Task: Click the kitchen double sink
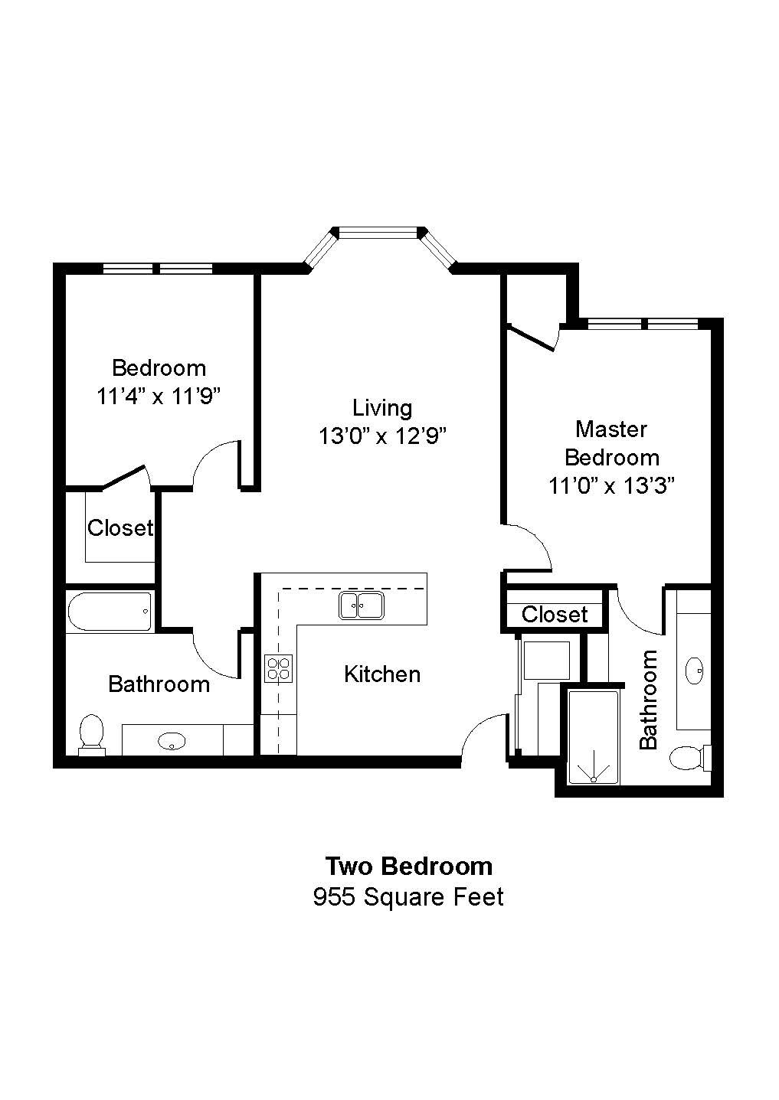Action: (362, 605)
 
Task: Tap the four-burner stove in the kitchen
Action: (278, 669)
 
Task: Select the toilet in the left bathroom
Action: (92, 735)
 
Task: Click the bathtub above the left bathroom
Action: (110, 612)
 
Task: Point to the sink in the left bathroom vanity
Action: (172, 740)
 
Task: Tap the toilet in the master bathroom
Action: (688, 759)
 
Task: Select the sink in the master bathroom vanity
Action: (696, 669)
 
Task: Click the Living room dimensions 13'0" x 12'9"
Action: (382, 436)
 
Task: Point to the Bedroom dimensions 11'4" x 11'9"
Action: (159, 397)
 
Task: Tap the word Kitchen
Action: (382, 674)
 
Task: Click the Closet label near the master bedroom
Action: (555, 614)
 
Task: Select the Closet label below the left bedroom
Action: (120, 527)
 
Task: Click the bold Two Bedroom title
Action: (408, 866)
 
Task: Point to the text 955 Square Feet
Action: (408, 896)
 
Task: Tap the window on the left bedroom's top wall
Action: (158, 268)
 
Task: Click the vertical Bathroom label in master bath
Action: (649, 699)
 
